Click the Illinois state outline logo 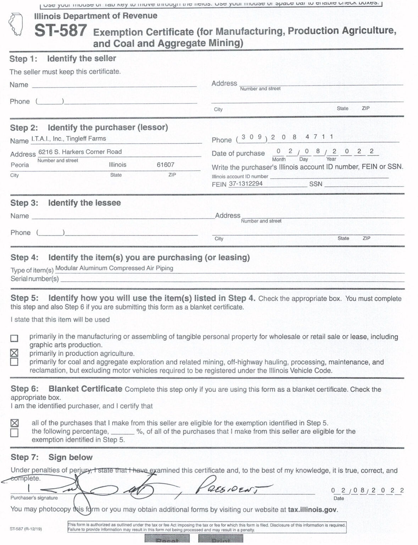[x=16, y=24]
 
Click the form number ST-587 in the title [x=61, y=31]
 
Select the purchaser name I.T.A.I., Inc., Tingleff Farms [x=68, y=139]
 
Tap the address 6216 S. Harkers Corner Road [x=80, y=152]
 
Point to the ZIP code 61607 [x=165, y=165]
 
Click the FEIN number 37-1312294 [x=246, y=184]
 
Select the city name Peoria [x=20, y=165]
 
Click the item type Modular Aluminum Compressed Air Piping [x=114, y=268]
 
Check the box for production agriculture [x=14, y=353]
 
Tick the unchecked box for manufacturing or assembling [x=14, y=338]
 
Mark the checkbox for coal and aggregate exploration [x=14, y=362]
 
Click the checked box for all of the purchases [x=15, y=423]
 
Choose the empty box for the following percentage [x=15, y=433]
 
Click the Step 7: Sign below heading [x=51, y=457]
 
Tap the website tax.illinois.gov [x=312, y=510]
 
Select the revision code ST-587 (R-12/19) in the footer [x=26, y=529]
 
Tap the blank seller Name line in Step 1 [x=114, y=85]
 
